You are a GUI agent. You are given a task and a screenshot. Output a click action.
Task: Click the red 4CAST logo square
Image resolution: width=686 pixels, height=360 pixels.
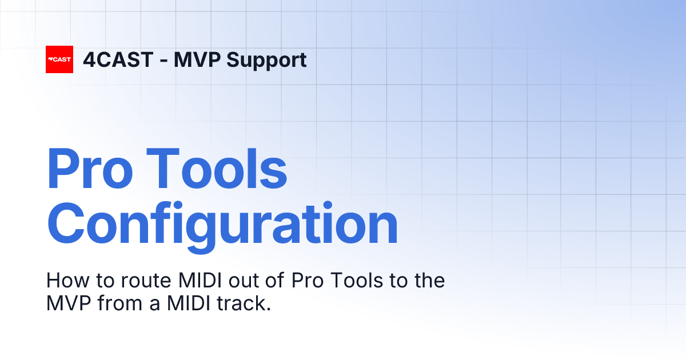click(x=59, y=59)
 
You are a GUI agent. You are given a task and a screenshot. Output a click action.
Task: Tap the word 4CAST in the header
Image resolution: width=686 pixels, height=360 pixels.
click(x=118, y=60)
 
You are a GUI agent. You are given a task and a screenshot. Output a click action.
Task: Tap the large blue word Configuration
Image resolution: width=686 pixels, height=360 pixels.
click(x=222, y=224)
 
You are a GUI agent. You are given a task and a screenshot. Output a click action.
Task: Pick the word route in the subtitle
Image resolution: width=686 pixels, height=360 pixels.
click(x=137, y=281)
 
